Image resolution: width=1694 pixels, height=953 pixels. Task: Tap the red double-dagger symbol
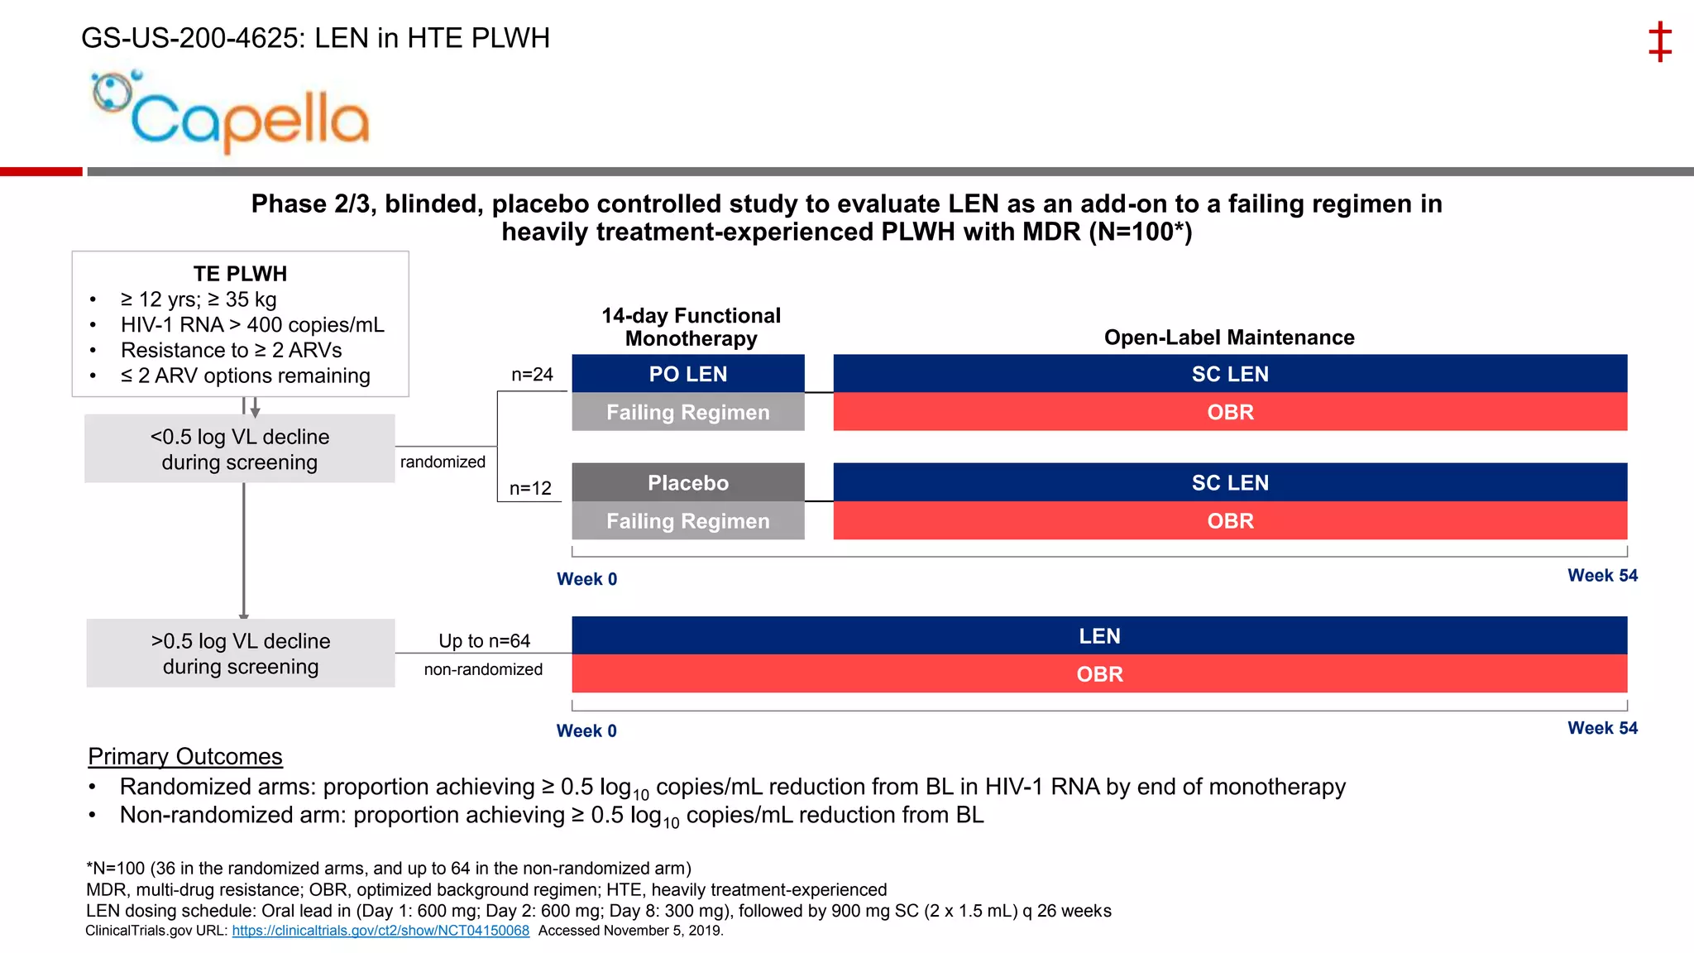pyautogui.click(x=1659, y=42)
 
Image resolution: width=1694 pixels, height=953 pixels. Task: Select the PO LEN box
pyautogui.click(x=687, y=374)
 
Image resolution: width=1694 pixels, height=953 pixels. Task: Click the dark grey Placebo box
pyautogui.click(x=687, y=482)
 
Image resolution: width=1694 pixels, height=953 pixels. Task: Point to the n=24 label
pyautogui.click(x=532, y=375)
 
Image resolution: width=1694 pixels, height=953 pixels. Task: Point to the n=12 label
pyautogui.click(x=530, y=488)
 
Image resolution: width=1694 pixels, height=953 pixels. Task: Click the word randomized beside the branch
pyautogui.click(x=443, y=462)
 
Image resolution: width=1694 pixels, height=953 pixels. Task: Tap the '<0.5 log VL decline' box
pyautogui.click(x=239, y=448)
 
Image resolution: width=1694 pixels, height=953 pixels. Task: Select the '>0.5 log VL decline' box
pyautogui.click(x=240, y=653)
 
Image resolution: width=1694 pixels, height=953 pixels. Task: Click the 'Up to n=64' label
pyautogui.click(x=484, y=640)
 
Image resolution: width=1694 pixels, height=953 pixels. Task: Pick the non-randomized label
pyautogui.click(x=483, y=669)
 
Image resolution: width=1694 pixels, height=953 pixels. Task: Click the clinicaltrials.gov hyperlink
pyautogui.click(x=380, y=931)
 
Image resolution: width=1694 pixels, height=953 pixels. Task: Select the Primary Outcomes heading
pyautogui.click(x=185, y=756)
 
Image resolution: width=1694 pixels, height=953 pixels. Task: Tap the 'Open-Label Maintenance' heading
pyautogui.click(x=1229, y=338)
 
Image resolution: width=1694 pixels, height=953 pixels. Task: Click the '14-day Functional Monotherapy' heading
pyautogui.click(x=691, y=327)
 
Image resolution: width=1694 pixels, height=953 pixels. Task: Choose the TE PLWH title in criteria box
pyautogui.click(x=240, y=274)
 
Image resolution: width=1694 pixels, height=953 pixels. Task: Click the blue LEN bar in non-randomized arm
pyautogui.click(x=1099, y=635)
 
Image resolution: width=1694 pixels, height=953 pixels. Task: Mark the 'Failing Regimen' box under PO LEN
pyautogui.click(x=687, y=412)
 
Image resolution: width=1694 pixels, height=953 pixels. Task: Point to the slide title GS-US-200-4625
pyautogui.click(x=315, y=38)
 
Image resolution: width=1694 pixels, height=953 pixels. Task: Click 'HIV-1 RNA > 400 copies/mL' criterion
pyautogui.click(x=252, y=325)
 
